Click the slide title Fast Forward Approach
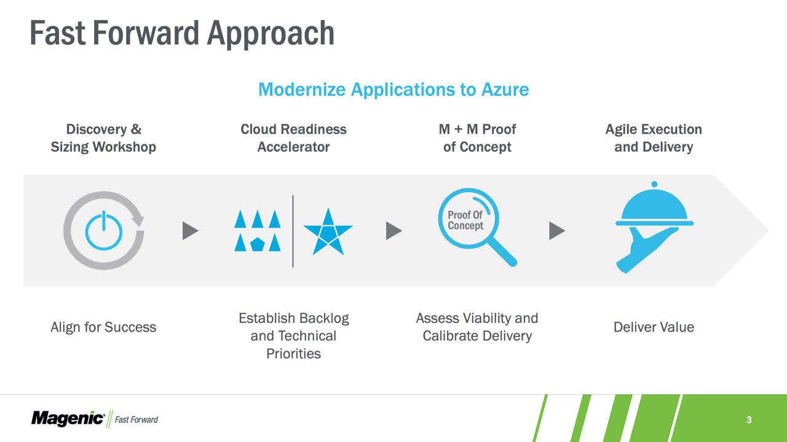[x=182, y=34]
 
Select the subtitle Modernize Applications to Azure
[x=393, y=90]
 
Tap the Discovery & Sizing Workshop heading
[x=103, y=138]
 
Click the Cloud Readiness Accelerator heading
[x=293, y=138]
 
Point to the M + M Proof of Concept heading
[x=478, y=138]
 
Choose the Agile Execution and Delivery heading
[x=654, y=138]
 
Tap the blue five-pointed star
[x=328, y=232]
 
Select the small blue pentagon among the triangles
[x=258, y=244]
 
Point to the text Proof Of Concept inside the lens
[x=465, y=220]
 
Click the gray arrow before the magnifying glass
[x=393, y=230]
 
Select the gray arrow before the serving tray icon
[x=557, y=230]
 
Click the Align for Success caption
[x=103, y=327]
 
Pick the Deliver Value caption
[x=654, y=327]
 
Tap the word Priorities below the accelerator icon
[x=294, y=354]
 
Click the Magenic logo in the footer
[x=68, y=419]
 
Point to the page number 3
[x=749, y=420]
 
